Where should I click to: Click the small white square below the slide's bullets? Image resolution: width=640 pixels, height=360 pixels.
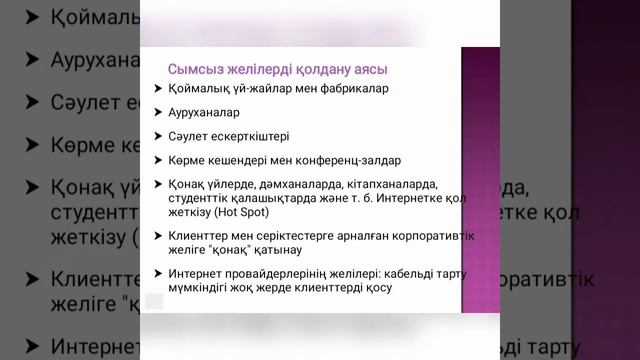tap(154, 300)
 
